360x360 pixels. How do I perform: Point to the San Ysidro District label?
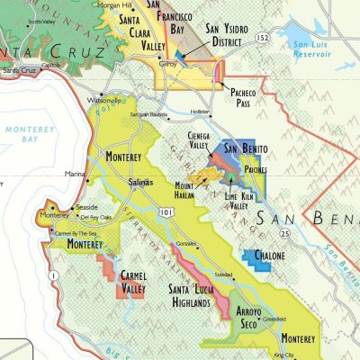[x=236, y=34]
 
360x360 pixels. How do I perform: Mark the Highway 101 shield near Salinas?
[x=163, y=212]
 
